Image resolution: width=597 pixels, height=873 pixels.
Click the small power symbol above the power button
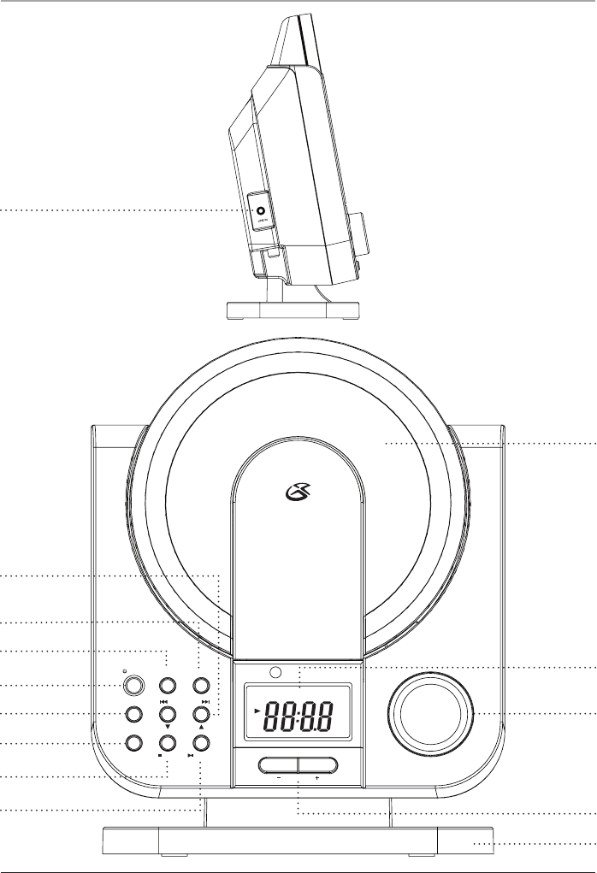click(125, 670)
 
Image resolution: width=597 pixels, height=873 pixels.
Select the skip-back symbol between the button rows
click(163, 699)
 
